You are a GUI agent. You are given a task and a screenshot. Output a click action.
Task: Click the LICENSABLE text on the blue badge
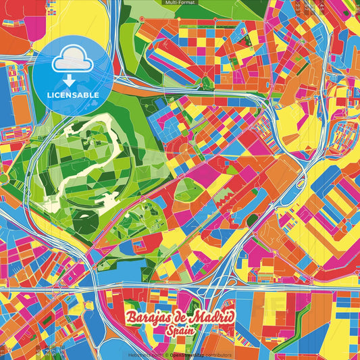[73, 95]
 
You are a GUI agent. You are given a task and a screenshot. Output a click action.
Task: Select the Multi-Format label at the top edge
[180, 3]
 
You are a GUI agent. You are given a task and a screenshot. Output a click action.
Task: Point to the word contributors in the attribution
[218, 355]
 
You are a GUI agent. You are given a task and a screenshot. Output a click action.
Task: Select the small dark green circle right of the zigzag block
[252, 220]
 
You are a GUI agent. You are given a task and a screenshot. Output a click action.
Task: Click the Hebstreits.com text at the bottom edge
[145, 355]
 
